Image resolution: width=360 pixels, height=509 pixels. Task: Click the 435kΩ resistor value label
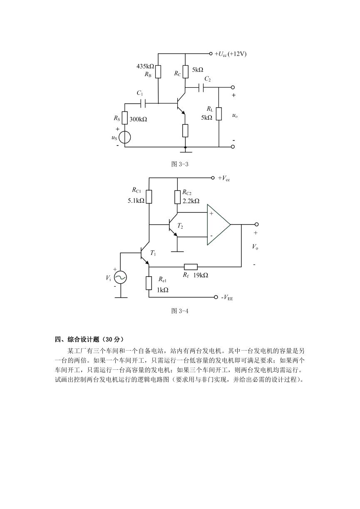click(145, 67)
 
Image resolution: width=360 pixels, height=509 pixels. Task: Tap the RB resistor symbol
click(158, 72)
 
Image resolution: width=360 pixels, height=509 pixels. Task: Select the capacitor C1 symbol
click(143, 104)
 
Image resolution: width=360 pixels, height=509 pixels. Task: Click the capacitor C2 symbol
click(201, 87)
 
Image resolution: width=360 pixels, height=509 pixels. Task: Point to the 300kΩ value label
click(138, 119)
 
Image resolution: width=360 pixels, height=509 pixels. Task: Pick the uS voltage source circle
click(125, 138)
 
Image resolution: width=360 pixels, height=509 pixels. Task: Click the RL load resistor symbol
click(219, 114)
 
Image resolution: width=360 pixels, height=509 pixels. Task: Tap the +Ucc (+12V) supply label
click(231, 54)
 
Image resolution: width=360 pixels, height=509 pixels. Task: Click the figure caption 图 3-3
click(180, 164)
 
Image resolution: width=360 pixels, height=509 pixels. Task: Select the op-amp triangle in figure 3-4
click(218, 225)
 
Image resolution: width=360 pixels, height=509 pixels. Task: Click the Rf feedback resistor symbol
click(191, 267)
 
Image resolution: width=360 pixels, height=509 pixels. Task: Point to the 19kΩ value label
click(201, 275)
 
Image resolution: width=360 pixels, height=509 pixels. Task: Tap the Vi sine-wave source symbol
click(120, 277)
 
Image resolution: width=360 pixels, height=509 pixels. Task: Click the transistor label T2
click(180, 226)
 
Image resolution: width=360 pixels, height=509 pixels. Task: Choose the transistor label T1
click(153, 253)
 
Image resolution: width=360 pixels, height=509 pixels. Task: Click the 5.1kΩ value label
click(136, 200)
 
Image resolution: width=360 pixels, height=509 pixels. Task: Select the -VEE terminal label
click(227, 297)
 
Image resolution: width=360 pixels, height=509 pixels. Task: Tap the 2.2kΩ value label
click(191, 201)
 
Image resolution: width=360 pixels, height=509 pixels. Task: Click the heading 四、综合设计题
click(77, 339)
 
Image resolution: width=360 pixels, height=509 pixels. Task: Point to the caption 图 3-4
click(180, 311)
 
